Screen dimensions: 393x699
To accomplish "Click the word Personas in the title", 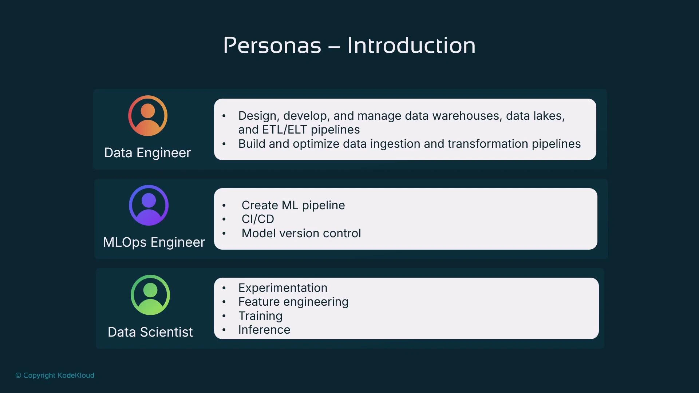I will point(272,45).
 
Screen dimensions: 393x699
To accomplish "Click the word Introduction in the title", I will point(411,45).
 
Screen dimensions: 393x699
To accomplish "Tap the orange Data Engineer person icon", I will point(148,116).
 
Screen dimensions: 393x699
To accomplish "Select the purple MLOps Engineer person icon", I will point(149,205).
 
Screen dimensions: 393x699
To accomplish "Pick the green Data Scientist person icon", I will point(150,295).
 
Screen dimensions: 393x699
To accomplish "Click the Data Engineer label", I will point(147,153).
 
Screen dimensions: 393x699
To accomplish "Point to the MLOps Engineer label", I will point(154,242).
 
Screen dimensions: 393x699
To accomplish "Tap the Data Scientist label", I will point(150,332).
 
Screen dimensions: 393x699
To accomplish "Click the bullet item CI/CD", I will point(258,219).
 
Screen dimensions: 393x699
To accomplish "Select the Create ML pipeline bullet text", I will point(293,205).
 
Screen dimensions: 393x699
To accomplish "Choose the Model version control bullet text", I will point(301,233).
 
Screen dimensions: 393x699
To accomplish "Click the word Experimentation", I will point(283,288).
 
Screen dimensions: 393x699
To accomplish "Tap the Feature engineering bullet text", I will point(293,302).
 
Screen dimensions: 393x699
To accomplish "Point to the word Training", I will point(260,316).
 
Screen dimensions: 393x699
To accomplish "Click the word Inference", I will point(264,330).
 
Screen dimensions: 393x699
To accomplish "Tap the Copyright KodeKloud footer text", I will point(55,375).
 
